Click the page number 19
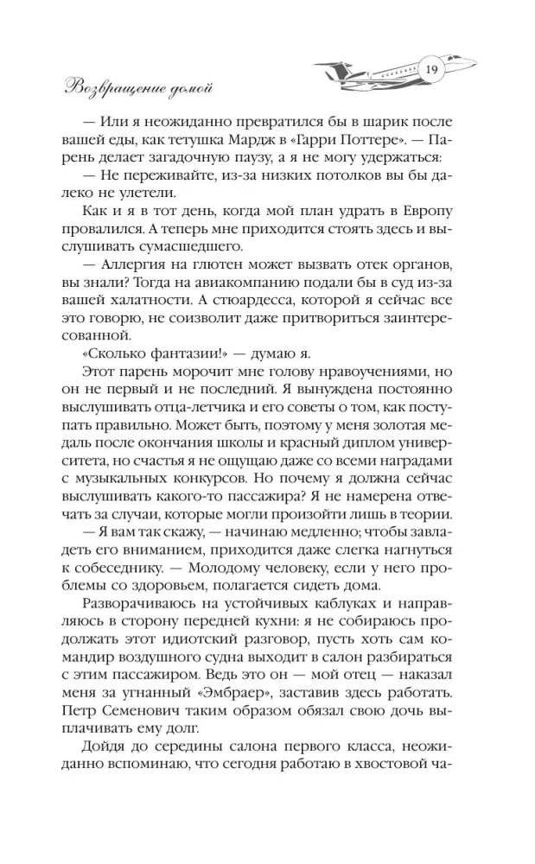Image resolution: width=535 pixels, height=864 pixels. [x=432, y=70]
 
